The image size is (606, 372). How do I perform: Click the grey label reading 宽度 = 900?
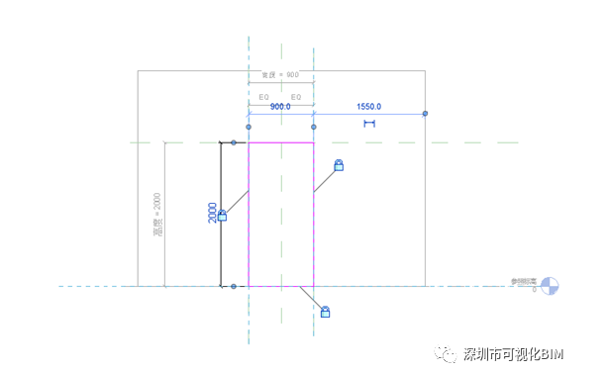pyautogui.click(x=279, y=75)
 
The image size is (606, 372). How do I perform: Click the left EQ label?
pyautogui.click(x=264, y=96)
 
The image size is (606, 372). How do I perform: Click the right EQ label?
pyautogui.click(x=296, y=96)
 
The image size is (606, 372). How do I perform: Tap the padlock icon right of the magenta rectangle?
pyautogui.click(x=339, y=165)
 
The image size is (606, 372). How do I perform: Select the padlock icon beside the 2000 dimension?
pyautogui.click(x=222, y=215)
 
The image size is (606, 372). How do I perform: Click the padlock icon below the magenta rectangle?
pyautogui.click(x=325, y=312)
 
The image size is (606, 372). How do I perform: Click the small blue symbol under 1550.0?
pyautogui.click(x=369, y=124)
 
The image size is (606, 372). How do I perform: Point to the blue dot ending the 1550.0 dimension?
pyautogui.click(x=425, y=114)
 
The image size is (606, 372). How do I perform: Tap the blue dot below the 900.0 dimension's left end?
pyautogui.click(x=249, y=127)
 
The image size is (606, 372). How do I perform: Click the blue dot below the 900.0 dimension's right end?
pyautogui.click(x=314, y=127)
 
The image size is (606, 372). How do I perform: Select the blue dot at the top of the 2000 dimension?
pyautogui.click(x=234, y=142)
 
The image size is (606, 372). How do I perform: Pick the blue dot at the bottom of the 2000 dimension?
pyautogui.click(x=234, y=287)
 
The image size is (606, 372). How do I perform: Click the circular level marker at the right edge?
pyautogui.click(x=550, y=285)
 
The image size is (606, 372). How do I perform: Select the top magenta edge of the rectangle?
pyautogui.click(x=281, y=143)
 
